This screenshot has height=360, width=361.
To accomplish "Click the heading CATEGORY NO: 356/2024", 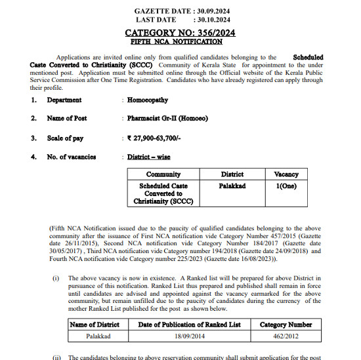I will click(x=180, y=32).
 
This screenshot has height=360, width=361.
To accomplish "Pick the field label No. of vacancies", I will click(x=72, y=157).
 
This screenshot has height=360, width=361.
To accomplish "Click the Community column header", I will click(x=163, y=174).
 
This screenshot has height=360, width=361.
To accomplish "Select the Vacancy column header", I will click(x=286, y=174).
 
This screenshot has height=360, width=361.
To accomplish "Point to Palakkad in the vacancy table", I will click(x=232, y=186).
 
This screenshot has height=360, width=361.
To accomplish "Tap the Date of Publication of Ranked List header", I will click(x=189, y=324).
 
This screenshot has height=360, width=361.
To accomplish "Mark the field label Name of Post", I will click(x=67, y=119).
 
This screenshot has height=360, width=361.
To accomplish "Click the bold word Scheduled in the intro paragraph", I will click(x=308, y=58).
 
